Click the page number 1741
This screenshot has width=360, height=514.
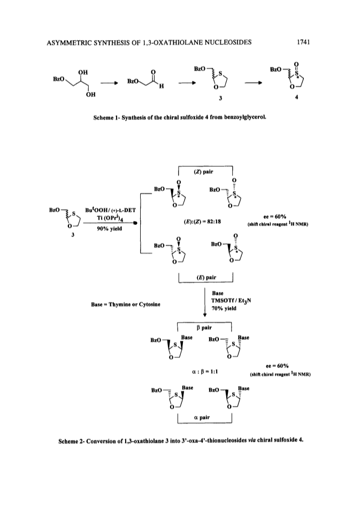(303, 42)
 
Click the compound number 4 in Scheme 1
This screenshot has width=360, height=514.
(296, 98)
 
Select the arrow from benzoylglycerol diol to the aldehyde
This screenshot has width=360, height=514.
(109, 83)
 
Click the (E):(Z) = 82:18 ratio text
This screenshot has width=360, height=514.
(202, 221)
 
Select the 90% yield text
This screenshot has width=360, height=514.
(109, 229)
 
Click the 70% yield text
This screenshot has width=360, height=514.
(224, 308)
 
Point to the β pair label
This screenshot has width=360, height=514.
(204, 327)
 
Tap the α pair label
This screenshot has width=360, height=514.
(202, 417)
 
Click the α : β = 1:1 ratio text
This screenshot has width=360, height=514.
(204, 372)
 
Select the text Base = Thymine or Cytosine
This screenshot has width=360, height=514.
(126, 304)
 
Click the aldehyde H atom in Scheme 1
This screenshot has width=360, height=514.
(162, 86)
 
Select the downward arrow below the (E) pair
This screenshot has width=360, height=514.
(204, 302)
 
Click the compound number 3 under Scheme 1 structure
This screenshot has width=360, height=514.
(221, 98)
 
